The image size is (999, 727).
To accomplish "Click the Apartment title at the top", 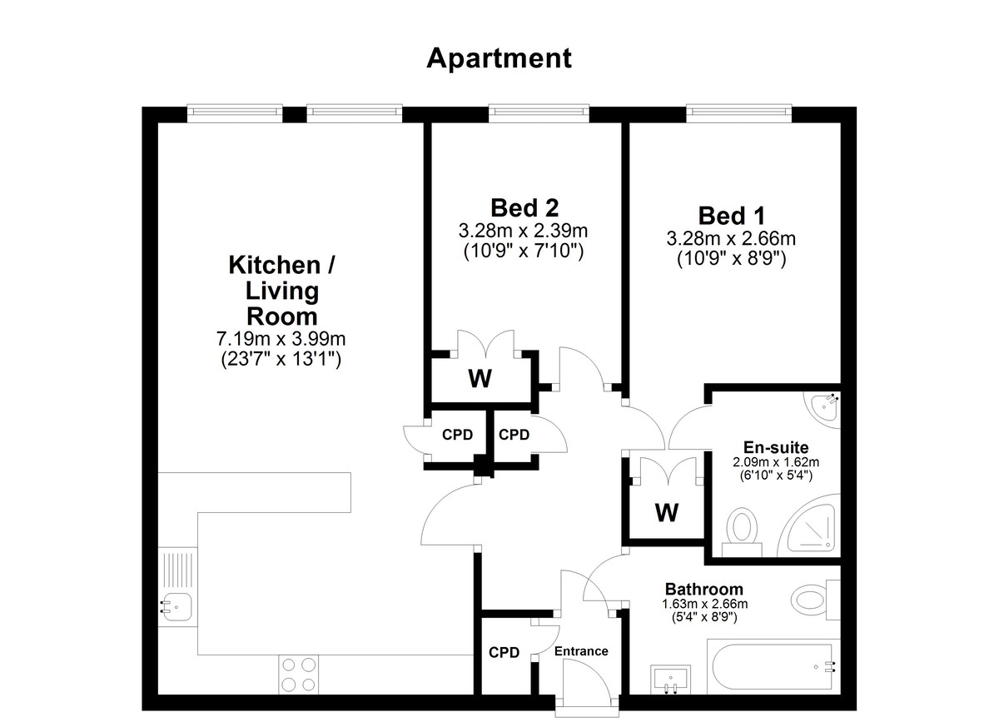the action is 499,59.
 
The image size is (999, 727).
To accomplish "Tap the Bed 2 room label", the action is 524,208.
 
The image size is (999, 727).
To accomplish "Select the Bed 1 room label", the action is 732,216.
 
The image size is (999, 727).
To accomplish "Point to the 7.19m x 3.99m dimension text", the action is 281,339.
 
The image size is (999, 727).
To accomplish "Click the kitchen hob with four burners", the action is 299,675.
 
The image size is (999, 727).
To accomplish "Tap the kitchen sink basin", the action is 176,607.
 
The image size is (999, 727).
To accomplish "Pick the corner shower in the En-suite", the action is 808,526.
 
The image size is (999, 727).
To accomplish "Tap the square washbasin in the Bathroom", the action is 671,680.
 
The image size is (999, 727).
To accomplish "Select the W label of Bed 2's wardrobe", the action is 480,378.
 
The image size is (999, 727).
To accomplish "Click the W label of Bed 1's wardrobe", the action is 667,512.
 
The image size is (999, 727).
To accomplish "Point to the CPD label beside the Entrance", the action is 504,653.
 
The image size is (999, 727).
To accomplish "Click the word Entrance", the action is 581,651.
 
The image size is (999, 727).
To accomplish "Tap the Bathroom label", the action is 704,590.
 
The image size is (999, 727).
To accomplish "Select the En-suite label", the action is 776,447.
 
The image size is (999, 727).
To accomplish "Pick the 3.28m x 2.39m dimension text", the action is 523,231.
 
